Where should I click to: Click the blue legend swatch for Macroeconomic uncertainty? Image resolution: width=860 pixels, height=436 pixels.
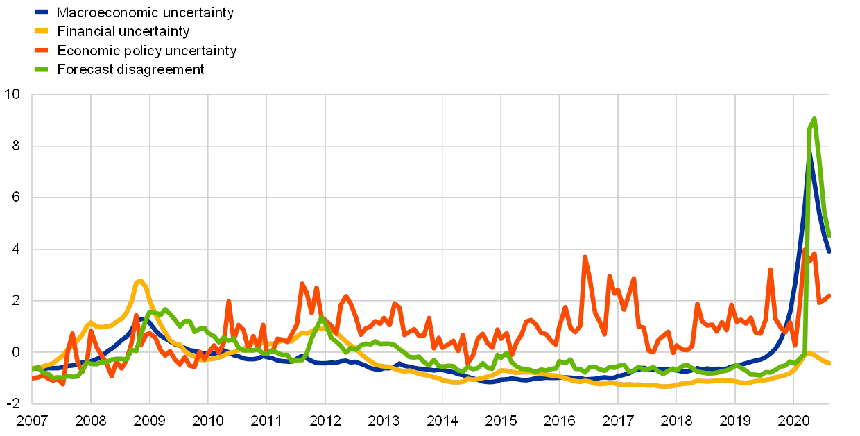42,12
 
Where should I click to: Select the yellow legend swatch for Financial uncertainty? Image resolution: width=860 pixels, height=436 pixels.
42,31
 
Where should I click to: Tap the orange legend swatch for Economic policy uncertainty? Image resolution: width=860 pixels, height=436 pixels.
42,51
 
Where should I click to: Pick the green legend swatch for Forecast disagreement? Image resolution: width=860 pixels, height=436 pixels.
42,69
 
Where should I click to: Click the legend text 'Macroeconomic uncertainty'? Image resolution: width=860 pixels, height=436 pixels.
146,12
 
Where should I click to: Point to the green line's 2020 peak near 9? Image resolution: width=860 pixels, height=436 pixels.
814,119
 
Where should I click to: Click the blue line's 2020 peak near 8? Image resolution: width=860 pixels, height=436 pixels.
809,154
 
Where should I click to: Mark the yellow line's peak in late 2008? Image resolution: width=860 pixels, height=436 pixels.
141,281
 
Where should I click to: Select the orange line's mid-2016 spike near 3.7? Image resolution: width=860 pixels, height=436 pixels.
585,257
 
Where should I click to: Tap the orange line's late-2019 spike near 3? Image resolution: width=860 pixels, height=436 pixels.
770,270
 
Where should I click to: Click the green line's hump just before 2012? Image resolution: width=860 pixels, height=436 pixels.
320,318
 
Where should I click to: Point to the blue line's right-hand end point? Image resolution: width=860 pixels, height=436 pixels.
829,252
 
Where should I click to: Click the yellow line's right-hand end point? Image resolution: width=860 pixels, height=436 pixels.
829,363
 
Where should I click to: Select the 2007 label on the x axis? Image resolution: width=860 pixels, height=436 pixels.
32,420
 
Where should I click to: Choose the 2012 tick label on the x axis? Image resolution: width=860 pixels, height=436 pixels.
325,420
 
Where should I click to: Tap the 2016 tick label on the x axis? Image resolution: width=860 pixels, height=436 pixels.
559,420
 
